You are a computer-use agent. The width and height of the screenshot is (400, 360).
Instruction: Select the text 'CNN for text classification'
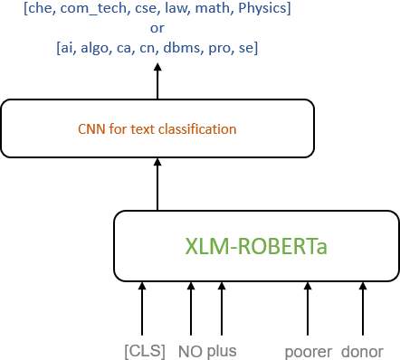pos(157,129)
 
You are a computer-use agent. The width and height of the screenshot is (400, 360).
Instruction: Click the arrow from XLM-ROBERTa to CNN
pos(157,185)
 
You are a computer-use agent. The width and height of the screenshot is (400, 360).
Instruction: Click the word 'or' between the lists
pos(157,28)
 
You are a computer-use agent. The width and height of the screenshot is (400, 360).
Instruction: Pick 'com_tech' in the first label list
pos(89,10)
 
